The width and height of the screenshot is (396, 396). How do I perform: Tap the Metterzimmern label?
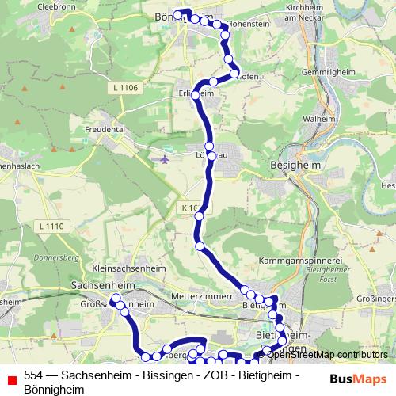tap(205, 295)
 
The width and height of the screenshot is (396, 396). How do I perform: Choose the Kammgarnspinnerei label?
tap(305, 260)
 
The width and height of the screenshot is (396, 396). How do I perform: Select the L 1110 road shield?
tap(51, 227)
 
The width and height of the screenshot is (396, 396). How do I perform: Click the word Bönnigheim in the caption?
tap(54, 389)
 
